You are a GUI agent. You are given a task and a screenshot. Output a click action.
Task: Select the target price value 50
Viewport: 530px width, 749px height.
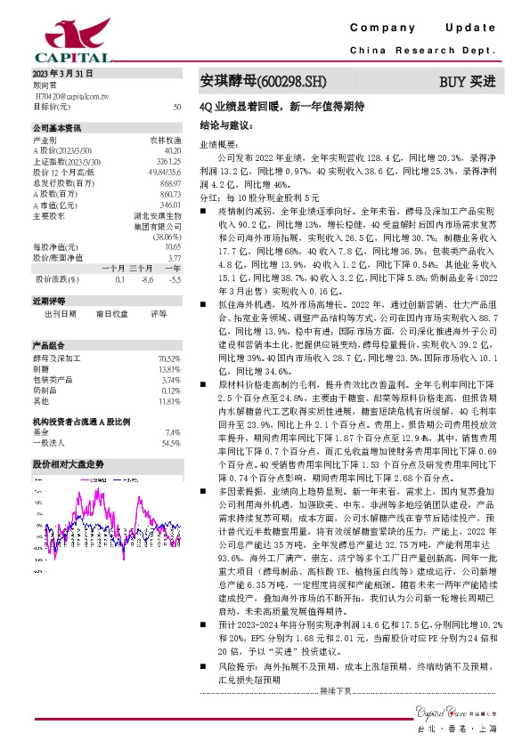[177, 106]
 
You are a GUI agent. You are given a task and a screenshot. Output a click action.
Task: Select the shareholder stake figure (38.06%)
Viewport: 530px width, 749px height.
[167, 238]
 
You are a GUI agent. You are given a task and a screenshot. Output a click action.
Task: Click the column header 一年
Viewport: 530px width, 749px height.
[173, 269]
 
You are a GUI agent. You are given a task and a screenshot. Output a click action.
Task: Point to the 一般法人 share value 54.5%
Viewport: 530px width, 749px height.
[170, 417]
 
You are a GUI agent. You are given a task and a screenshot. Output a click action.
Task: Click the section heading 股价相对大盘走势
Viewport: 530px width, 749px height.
[69, 439]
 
